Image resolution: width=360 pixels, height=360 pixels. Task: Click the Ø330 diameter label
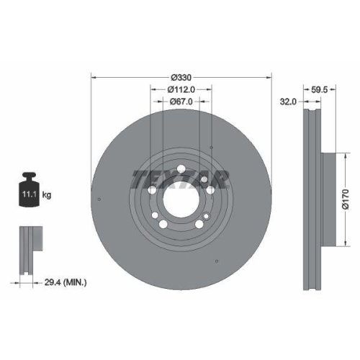pyautogui.click(x=181, y=78)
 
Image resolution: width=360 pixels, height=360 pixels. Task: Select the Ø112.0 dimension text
pyautogui.click(x=181, y=89)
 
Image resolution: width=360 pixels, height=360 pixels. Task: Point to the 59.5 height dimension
pyautogui.click(x=319, y=90)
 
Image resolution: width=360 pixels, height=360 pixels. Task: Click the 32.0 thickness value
pyautogui.click(x=288, y=102)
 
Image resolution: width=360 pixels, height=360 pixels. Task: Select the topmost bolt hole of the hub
pyautogui.click(x=181, y=171)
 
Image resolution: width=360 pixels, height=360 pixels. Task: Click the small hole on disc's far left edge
pyautogui.click(x=99, y=200)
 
